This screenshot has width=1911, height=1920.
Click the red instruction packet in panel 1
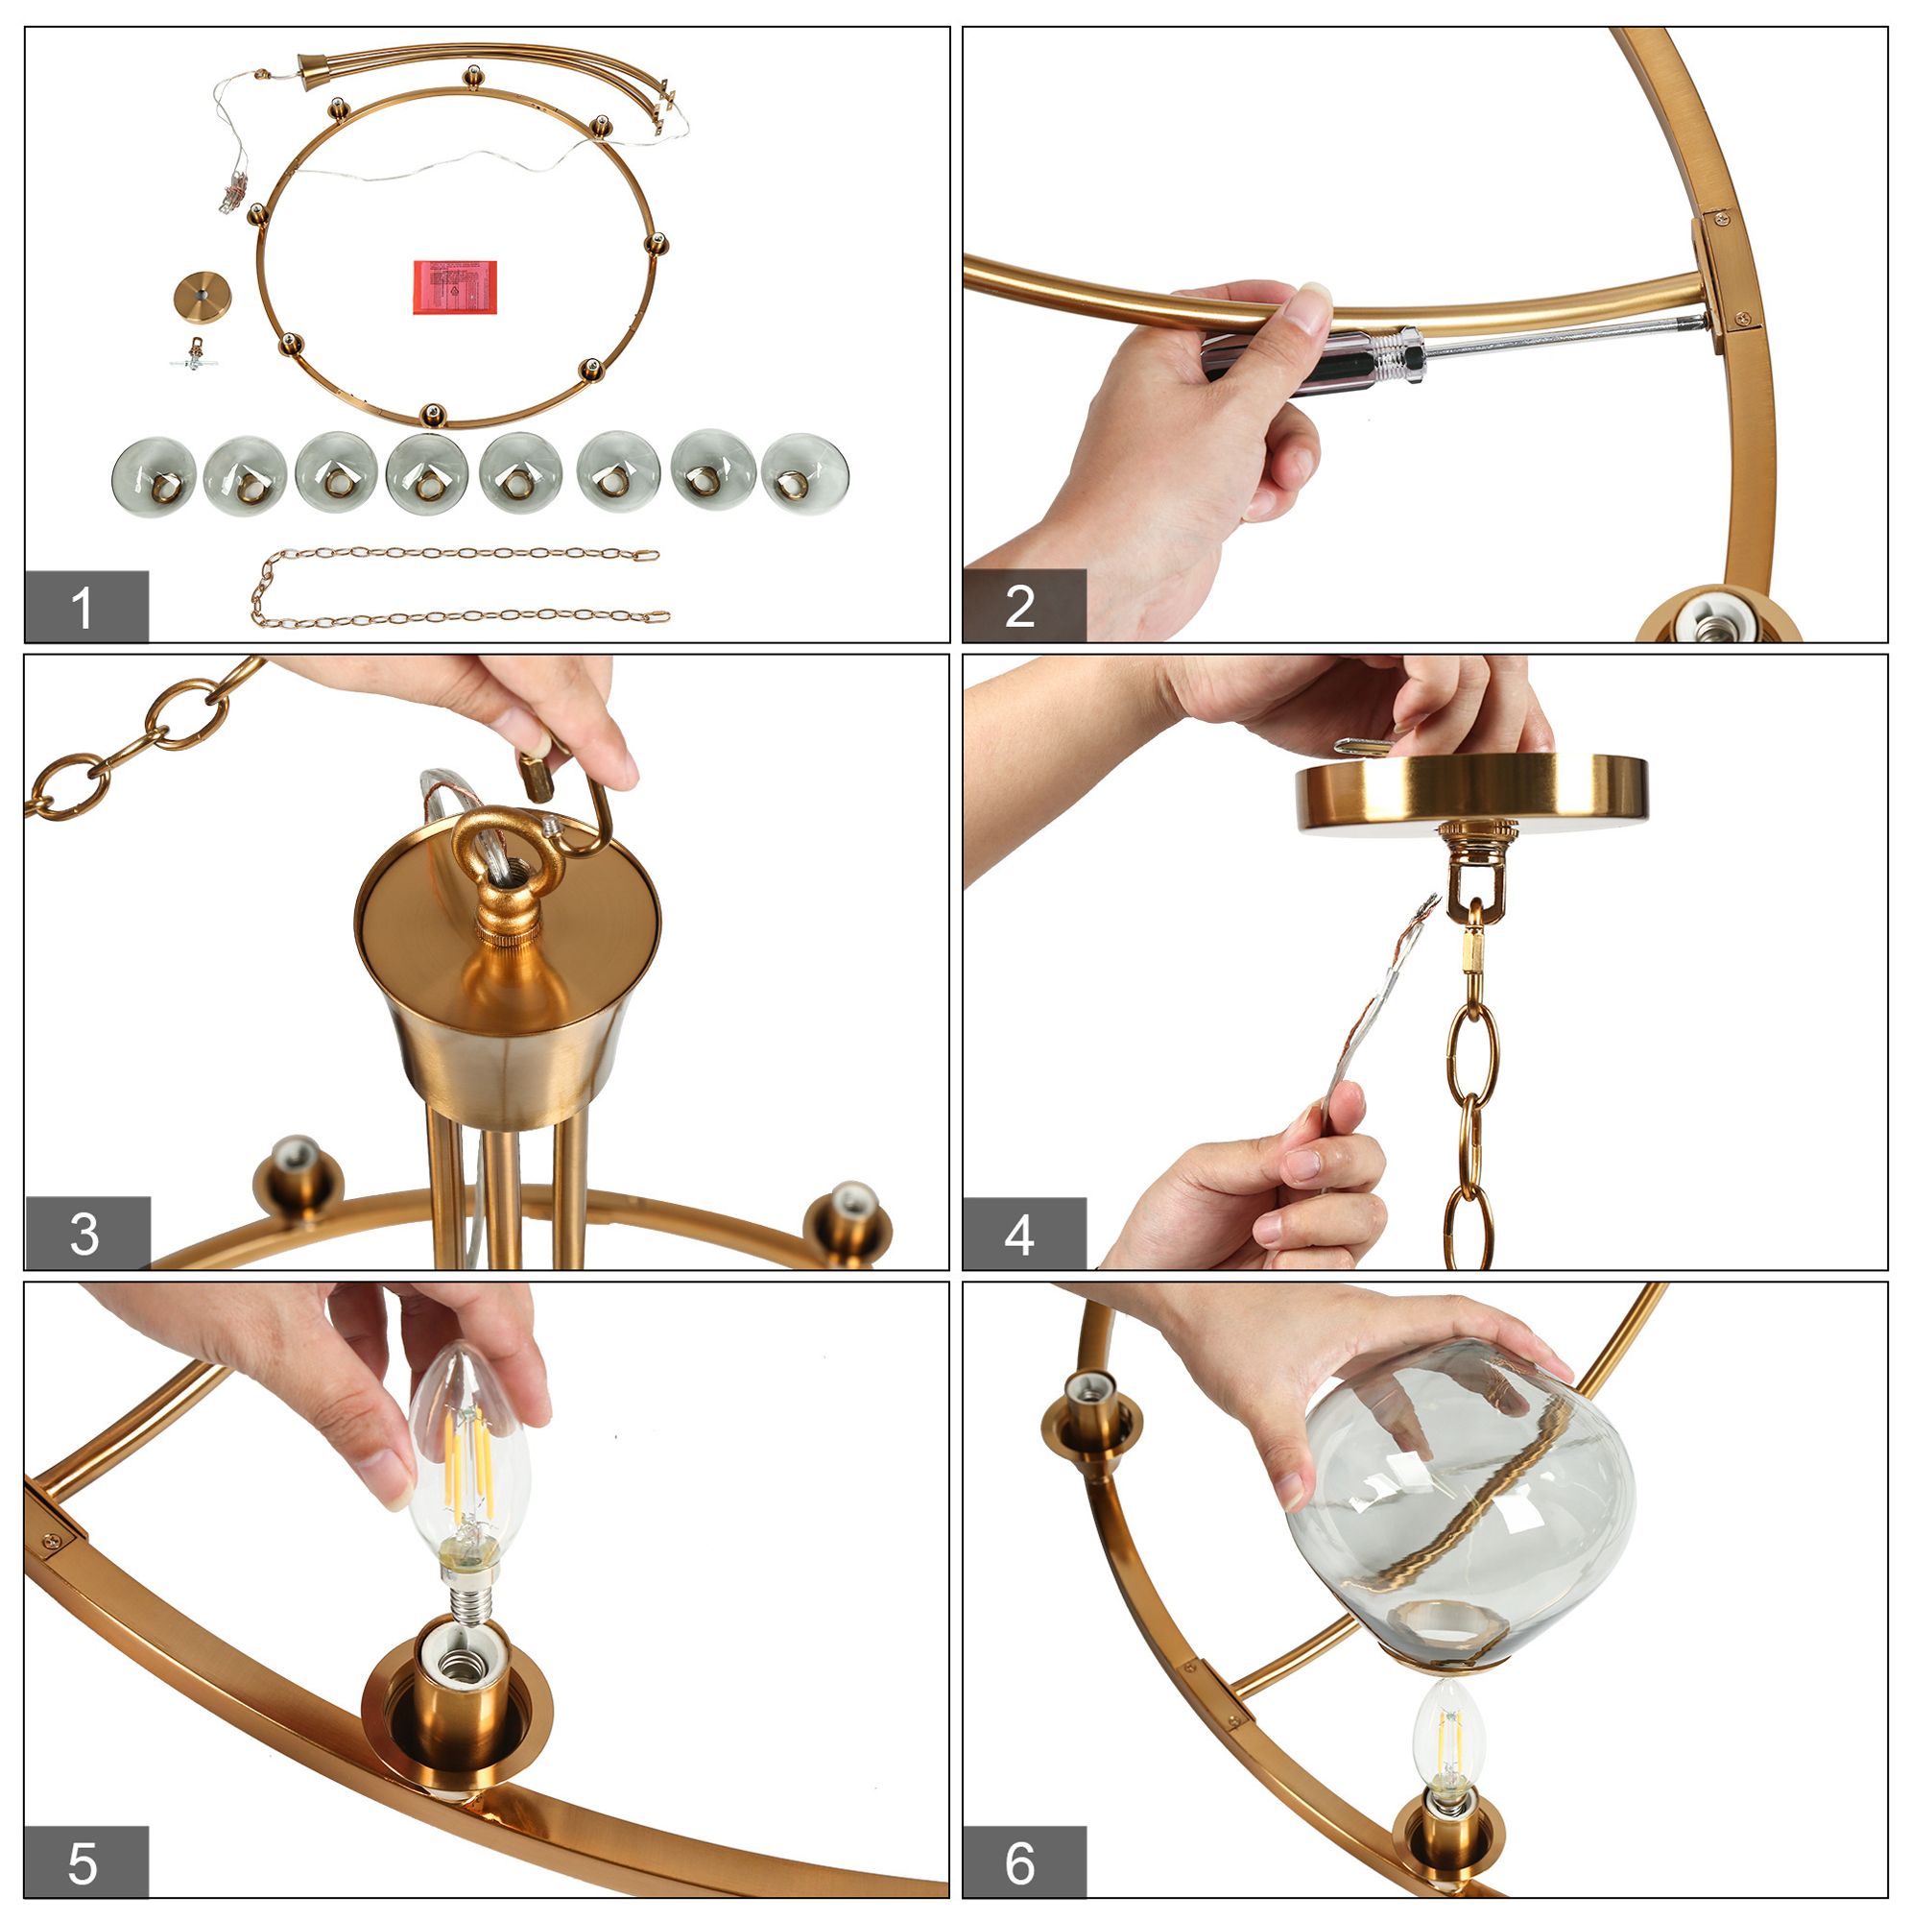click(x=454, y=287)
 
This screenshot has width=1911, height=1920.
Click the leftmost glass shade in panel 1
click(x=153, y=478)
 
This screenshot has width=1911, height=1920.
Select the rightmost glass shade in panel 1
click(x=804, y=475)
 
